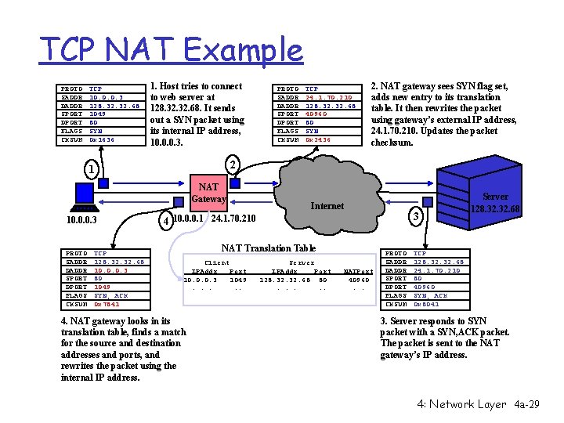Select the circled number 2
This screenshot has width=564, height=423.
click(x=232, y=164)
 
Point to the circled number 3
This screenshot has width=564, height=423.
click(x=418, y=216)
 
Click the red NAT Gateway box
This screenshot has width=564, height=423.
click(x=208, y=193)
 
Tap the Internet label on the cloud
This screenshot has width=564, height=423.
click(x=327, y=205)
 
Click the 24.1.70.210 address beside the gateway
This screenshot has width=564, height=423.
click(x=234, y=218)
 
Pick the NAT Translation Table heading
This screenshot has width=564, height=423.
click(x=269, y=248)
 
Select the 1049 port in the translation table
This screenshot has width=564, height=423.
click(x=238, y=280)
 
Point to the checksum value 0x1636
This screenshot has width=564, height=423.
click(x=102, y=140)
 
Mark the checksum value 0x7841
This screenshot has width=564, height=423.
click(x=107, y=304)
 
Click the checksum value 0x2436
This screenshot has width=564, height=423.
click(x=318, y=140)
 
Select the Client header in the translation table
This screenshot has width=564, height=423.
click(x=216, y=262)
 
